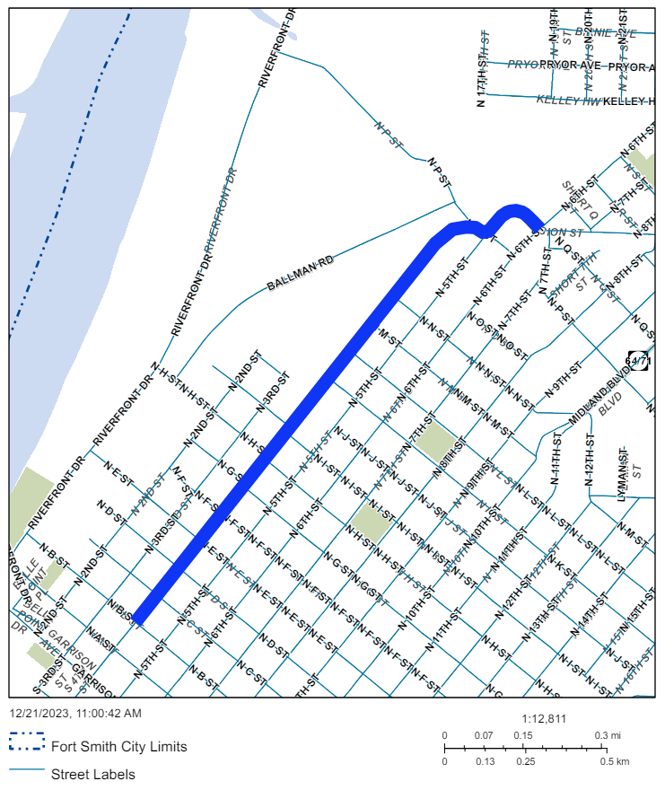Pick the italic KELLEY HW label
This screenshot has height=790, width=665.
point(567,101)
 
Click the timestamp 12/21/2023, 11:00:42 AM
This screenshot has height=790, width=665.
point(75,714)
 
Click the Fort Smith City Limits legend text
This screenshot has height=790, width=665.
point(119,746)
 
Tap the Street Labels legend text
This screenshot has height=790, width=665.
point(93,774)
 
